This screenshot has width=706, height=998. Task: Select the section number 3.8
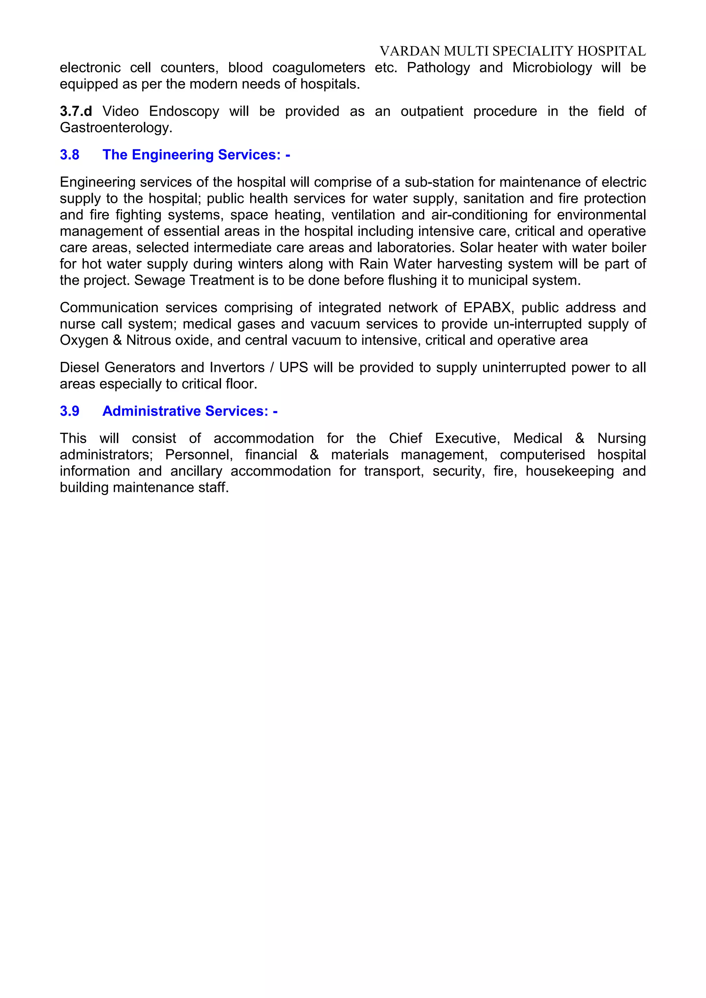[70, 155]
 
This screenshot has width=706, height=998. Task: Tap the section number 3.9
[70, 411]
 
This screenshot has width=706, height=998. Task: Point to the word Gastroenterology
[115, 128]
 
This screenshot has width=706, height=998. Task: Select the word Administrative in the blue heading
[152, 411]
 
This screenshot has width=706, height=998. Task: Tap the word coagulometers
[318, 68]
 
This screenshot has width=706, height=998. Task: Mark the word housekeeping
[569, 471]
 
